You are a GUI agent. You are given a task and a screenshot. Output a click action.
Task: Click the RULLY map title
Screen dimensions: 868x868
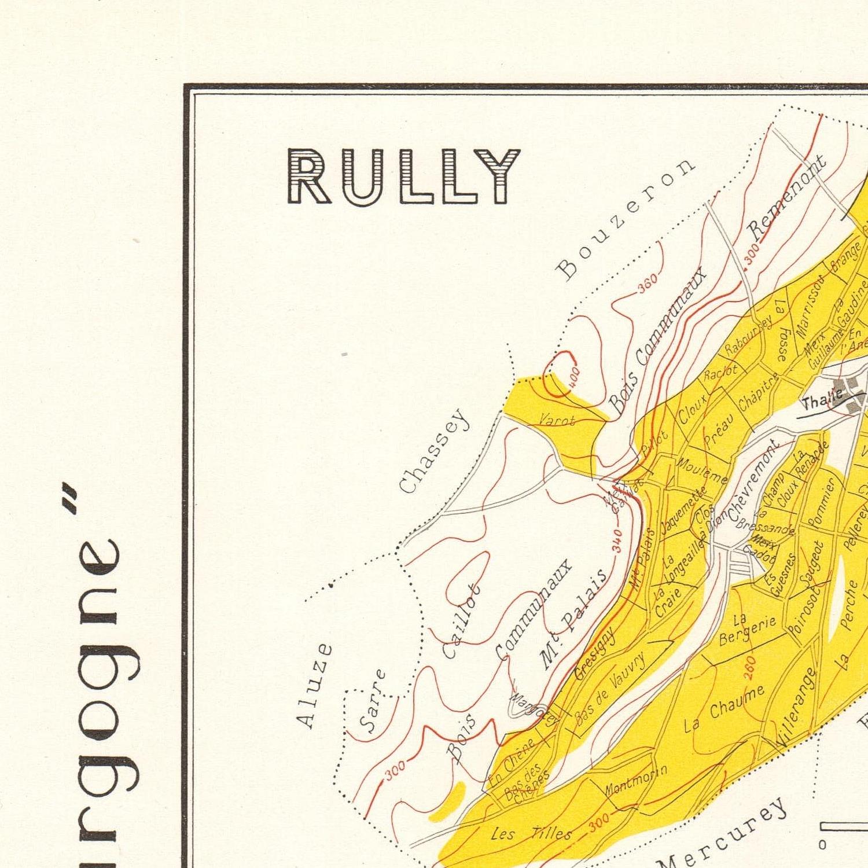point(403,176)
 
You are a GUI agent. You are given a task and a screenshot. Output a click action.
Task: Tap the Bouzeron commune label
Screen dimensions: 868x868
point(625,218)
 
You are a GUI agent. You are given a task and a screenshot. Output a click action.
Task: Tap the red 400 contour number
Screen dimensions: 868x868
point(572,377)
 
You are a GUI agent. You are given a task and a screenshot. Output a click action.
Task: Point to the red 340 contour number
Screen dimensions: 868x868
point(617,540)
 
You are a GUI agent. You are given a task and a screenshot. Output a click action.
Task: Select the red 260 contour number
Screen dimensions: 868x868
point(749,668)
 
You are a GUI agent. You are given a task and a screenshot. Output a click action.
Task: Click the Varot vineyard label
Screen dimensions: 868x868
point(557,421)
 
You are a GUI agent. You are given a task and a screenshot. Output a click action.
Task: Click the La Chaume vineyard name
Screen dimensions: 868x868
point(724,708)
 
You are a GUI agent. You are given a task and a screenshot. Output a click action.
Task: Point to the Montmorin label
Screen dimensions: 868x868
point(636,782)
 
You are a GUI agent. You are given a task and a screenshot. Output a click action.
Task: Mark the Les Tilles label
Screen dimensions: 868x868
point(531,833)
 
